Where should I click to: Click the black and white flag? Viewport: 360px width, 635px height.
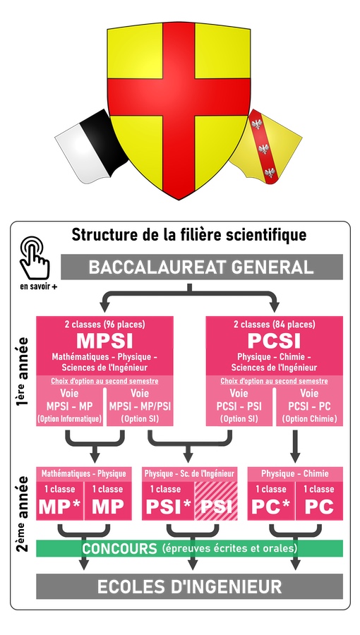click(x=91, y=147)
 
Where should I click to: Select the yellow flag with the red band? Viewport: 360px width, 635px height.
click(x=266, y=147)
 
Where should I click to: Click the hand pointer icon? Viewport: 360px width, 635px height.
click(x=35, y=258)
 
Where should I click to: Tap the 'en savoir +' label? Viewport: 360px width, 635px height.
click(x=38, y=286)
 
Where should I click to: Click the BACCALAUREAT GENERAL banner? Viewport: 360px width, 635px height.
click(x=202, y=267)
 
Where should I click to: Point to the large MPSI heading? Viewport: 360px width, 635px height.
click(x=104, y=341)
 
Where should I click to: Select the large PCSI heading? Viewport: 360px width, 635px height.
click(x=274, y=341)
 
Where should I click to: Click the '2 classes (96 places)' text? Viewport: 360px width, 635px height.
click(x=104, y=325)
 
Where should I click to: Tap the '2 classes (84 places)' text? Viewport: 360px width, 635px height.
click(x=274, y=325)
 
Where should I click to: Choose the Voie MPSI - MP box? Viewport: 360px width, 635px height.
click(x=69, y=406)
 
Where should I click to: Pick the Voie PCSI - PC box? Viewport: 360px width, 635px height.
click(x=310, y=406)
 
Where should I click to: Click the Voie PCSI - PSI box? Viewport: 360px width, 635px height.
click(x=239, y=406)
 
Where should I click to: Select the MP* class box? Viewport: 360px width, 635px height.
click(x=59, y=501)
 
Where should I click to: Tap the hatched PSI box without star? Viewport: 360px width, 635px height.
click(x=216, y=501)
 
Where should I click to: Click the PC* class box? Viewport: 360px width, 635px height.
click(x=271, y=501)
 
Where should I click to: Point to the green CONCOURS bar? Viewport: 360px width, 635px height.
click(x=189, y=548)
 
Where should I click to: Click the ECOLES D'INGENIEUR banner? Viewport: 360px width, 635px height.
click(x=189, y=586)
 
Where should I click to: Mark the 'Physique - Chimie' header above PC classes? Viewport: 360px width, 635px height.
click(x=295, y=473)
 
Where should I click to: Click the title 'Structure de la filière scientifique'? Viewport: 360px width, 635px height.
click(x=188, y=235)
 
